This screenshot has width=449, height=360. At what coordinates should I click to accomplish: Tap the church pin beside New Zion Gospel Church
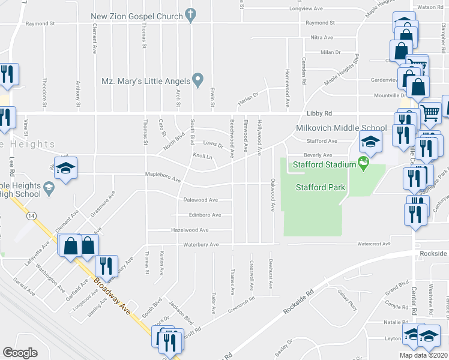click(x=191, y=14)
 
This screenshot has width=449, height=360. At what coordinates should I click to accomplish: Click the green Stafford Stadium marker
click(x=363, y=163)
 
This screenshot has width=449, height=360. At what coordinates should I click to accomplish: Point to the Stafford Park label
click(x=321, y=187)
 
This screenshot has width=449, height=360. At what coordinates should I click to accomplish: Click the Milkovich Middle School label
click(x=341, y=128)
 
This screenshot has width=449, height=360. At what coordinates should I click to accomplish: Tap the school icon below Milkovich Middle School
click(x=370, y=143)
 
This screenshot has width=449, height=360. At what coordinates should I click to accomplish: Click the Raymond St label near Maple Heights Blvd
click(x=319, y=23)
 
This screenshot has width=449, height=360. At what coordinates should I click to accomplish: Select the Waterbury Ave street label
click(x=200, y=245)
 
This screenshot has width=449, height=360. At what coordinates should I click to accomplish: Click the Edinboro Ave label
click(x=205, y=215)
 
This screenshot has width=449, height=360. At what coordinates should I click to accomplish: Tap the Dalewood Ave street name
click(x=201, y=200)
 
